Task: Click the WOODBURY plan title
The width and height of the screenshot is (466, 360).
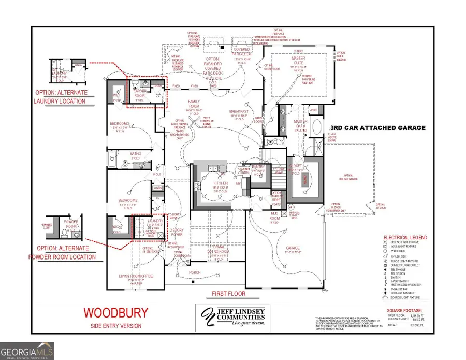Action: (x=115, y=312)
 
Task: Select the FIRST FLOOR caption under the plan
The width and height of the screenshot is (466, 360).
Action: (x=228, y=294)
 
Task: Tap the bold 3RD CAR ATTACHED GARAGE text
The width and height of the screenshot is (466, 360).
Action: (x=377, y=127)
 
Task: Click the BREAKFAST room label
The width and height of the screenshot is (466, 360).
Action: (x=239, y=112)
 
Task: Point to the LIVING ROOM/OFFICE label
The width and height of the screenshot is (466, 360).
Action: (x=137, y=276)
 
